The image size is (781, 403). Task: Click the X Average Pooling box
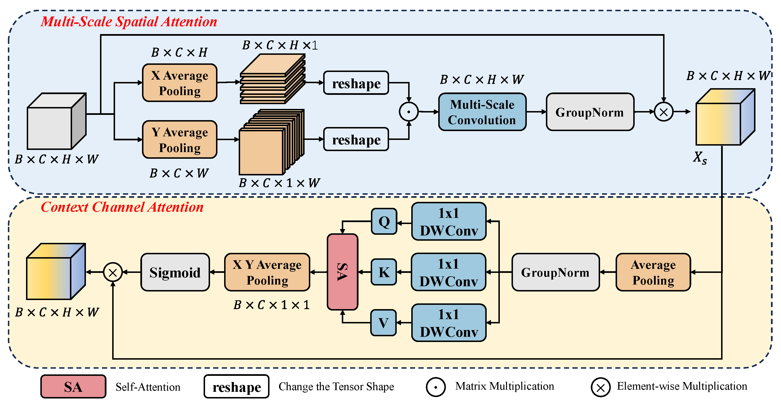[179, 83]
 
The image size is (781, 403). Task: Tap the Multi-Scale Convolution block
[482, 112]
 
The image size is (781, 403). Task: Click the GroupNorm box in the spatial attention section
[590, 112]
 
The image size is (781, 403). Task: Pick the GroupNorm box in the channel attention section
[555, 272]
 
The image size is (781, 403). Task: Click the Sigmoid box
[175, 272]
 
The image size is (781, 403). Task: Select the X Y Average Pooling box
[267, 272]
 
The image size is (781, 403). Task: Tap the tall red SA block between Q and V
[343, 272]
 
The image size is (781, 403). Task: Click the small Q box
[384, 221]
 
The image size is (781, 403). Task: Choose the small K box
[384, 272]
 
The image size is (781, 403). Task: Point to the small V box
[384, 323]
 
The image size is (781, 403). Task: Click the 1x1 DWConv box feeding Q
[449, 221]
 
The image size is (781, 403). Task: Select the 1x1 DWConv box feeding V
[449, 323]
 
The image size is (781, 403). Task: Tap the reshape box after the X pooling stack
[356, 83]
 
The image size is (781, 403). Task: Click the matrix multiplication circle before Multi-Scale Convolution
[409, 112]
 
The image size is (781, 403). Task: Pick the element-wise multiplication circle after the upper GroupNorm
[664, 112]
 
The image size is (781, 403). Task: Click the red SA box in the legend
[73, 387]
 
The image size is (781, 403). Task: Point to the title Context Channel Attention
[122, 207]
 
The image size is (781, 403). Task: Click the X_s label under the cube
[700, 158]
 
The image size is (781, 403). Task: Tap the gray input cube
[57, 121]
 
